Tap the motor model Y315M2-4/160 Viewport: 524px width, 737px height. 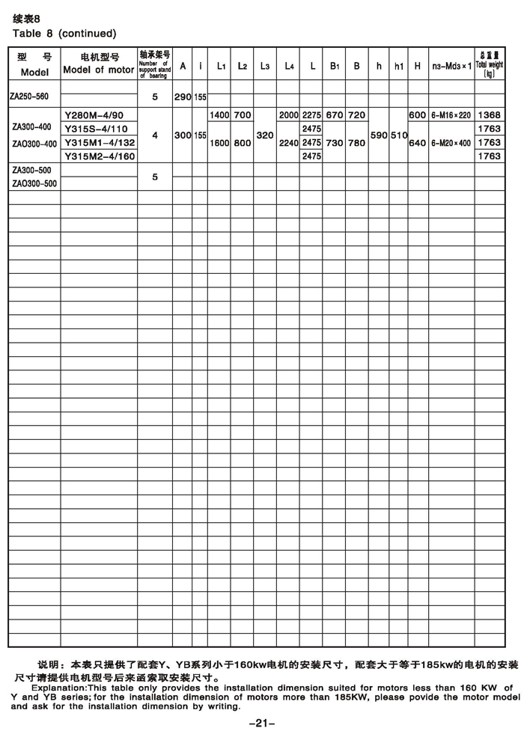(x=100, y=156)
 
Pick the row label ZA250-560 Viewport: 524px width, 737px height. (x=31, y=97)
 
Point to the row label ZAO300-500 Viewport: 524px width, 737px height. (x=34, y=183)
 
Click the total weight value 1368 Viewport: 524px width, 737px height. (x=489, y=115)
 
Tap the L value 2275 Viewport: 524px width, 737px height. (x=312, y=115)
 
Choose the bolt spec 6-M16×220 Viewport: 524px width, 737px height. (x=451, y=115)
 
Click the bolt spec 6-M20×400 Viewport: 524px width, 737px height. (x=451, y=143)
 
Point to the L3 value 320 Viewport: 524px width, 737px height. (x=265, y=135)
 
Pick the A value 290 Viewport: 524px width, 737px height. (x=183, y=97)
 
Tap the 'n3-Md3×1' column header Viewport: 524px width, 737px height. (x=451, y=66)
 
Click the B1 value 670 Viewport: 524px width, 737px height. (x=335, y=115)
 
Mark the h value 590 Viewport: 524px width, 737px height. (x=380, y=135)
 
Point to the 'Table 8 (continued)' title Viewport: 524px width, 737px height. (x=64, y=33)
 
